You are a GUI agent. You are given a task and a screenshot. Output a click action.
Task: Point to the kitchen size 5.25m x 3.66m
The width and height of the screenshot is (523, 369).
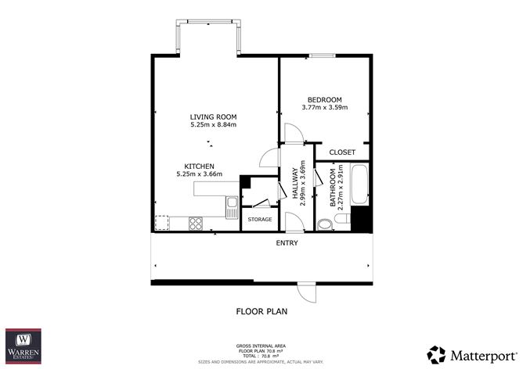tap(200, 174)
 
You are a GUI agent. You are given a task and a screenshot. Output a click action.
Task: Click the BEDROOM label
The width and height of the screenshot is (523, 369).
tap(324, 99)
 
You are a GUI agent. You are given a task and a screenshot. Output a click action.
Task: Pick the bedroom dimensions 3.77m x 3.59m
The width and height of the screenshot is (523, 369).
tap(324, 107)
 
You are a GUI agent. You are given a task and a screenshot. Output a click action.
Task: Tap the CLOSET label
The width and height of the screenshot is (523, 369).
tap(342, 152)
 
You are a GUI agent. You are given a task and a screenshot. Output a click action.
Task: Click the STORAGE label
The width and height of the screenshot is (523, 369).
tap(260, 219)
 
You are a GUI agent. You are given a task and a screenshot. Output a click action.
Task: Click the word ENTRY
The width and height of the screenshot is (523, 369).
tap(287, 243)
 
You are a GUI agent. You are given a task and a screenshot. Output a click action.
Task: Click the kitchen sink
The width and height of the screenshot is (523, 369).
tap(232, 207)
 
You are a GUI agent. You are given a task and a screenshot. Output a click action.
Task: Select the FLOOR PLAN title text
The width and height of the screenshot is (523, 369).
tap(261, 311)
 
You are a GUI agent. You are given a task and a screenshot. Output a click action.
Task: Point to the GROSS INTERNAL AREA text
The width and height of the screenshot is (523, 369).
tap(261, 345)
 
